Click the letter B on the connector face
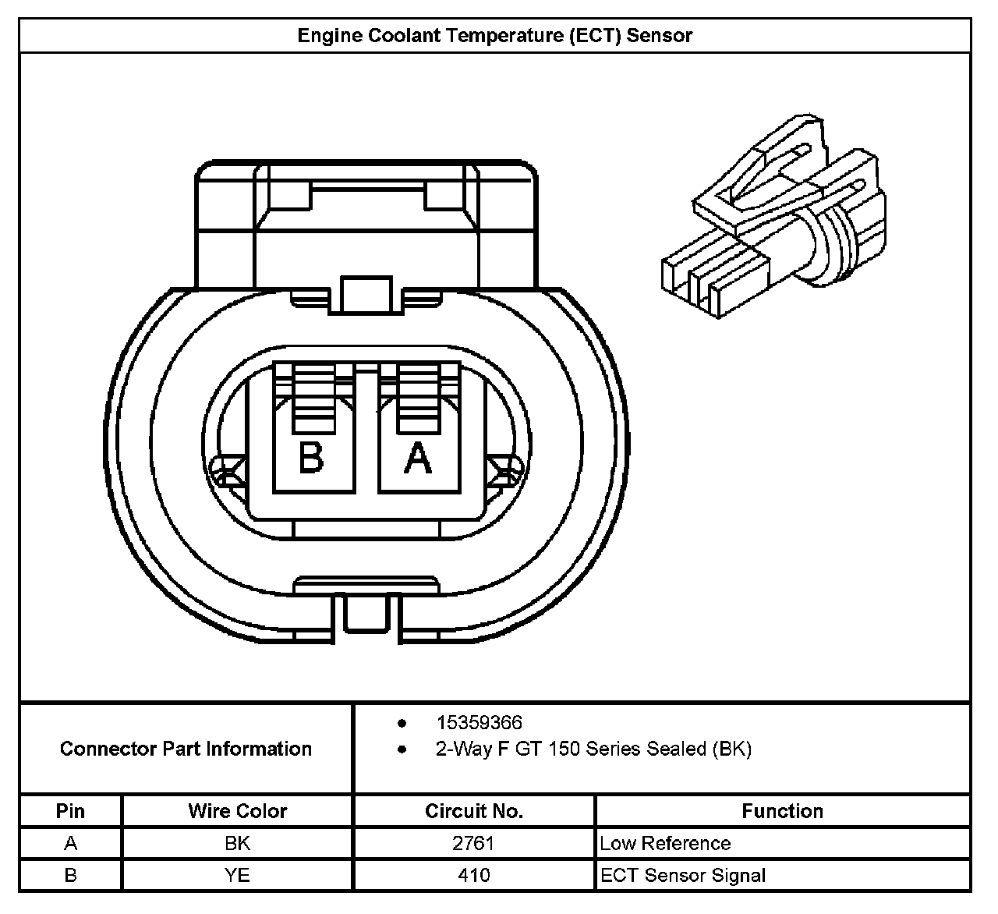(x=311, y=457)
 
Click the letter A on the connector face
(x=418, y=457)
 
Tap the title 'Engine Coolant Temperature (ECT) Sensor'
(x=495, y=35)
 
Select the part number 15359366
(x=480, y=722)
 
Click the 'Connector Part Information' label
(x=186, y=749)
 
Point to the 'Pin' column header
(x=70, y=811)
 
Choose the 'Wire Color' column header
(x=238, y=811)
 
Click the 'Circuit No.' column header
(x=474, y=811)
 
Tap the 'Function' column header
(x=783, y=811)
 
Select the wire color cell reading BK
(x=237, y=843)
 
